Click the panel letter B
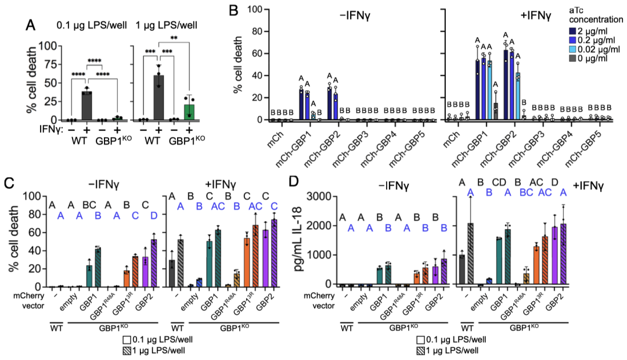(x=233, y=11)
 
